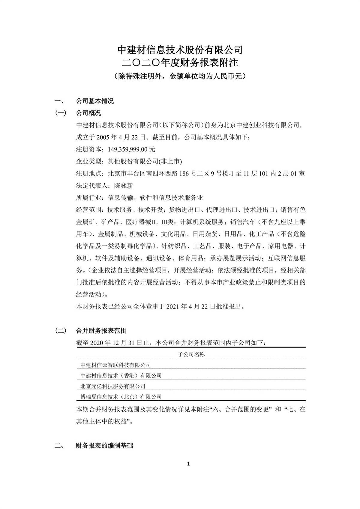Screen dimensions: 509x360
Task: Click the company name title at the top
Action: point(180,50)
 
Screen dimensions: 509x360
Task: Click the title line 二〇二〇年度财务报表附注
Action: point(180,62)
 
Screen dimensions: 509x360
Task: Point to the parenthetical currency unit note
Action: point(180,76)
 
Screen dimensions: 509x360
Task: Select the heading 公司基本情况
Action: point(95,101)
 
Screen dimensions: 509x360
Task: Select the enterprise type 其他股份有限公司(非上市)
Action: point(145,161)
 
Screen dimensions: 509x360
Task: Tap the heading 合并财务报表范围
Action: point(101,331)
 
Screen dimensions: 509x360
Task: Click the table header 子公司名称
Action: point(191,354)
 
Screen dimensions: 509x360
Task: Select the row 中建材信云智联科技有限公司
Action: point(116,365)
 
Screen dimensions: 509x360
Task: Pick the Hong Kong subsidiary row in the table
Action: point(121,375)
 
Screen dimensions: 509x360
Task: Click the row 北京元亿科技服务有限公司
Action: point(113,386)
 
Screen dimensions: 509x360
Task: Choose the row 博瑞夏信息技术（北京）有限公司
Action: point(121,397)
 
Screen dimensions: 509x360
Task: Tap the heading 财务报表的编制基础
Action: point(104,446)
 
